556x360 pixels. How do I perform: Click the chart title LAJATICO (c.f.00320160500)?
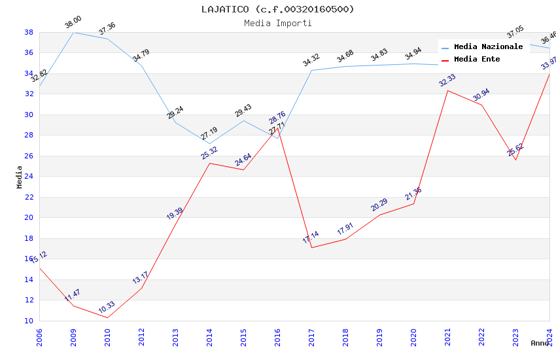278,9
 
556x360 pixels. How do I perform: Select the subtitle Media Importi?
278,23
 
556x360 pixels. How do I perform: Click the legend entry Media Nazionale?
488,46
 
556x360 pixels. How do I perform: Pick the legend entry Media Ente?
477,59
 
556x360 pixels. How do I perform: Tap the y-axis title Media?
19,177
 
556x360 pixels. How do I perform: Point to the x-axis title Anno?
540,343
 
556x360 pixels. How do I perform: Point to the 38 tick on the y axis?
29,32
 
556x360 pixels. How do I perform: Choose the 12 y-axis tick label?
29,300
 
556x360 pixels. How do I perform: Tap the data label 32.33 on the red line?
447,80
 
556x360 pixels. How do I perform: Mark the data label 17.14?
311,238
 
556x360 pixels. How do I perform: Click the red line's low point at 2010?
107,317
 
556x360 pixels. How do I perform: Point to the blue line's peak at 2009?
73,32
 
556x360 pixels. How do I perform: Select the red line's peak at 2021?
447,90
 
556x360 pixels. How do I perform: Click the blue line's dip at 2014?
209,143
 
